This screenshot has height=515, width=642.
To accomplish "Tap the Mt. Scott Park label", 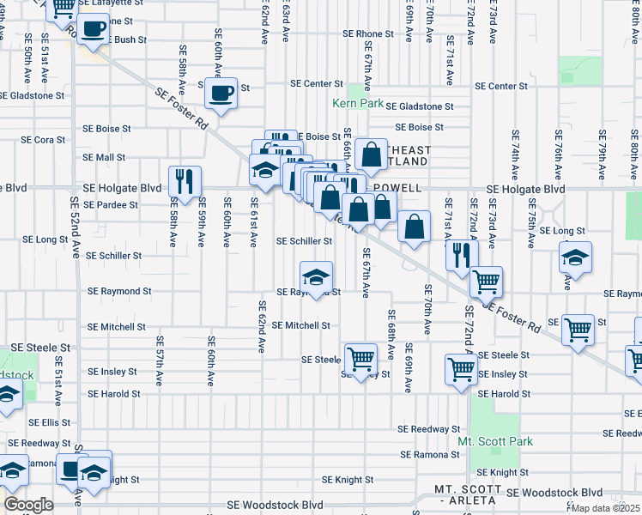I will pyautogui.click(x=495, y=442).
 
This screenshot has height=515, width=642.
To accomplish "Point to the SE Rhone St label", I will pyautogui.click(x=367, y=34).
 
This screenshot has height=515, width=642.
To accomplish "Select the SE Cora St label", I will pyautogui.click(x=44, y=139).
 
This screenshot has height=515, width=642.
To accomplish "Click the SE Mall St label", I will pyautogui.click(x=104, y=158).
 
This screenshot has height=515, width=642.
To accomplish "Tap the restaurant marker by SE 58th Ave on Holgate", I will pyautogui.click(x=185, y=180).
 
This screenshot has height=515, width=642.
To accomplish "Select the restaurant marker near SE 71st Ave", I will pyautogui.click(x=462, y=254).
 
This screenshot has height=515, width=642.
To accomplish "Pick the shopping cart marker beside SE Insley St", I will pyautogui.click(x=462, y=370).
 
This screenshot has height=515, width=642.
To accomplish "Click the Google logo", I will pyautogui.click(x=29, y=505).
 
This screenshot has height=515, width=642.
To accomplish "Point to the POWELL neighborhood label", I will pyautogui.click(x=396, y=188).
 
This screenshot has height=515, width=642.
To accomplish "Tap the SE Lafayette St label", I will pyautogui.click(x=111, y=3).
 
